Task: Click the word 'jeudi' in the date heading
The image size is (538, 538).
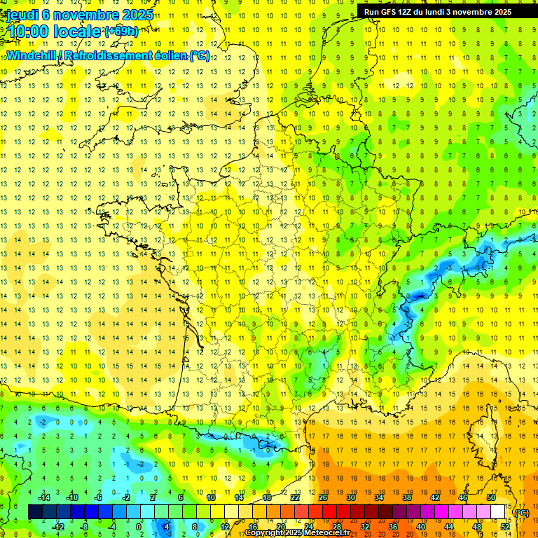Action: pyautogui.click(x=22, y=15)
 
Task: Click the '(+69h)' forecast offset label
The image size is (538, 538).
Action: pyautogui.click(x=121, y=31)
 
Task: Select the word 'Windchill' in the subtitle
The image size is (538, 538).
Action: pyautogui.click(x=34, y=55)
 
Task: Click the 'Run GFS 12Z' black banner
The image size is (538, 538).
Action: pyautogui.click(x=437, y=12)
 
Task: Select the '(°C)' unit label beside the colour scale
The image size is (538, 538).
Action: pyautogui.click(x=522, y=513)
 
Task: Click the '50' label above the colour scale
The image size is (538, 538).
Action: pyautogui.click(x=490, y=497)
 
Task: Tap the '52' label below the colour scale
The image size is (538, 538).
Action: pyautogui.click(x=505, y=527)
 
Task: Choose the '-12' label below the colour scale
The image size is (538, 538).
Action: pyautogui.click(x=58, y=527)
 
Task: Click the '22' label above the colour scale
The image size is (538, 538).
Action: pyautogui.click(x=295, y=497)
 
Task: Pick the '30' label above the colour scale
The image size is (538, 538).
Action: pyautogui.click(x=350, y=497)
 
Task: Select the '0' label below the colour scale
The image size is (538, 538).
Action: pyautogui.click(x=139, y=527)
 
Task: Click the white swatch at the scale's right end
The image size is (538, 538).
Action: pyautogui.click(x=498, y=512)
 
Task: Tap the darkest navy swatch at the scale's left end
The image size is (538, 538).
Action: pyautogui.click(x=35, y=512)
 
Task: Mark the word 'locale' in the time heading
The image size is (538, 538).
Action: pyautogui.click(x=77, y=31)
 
